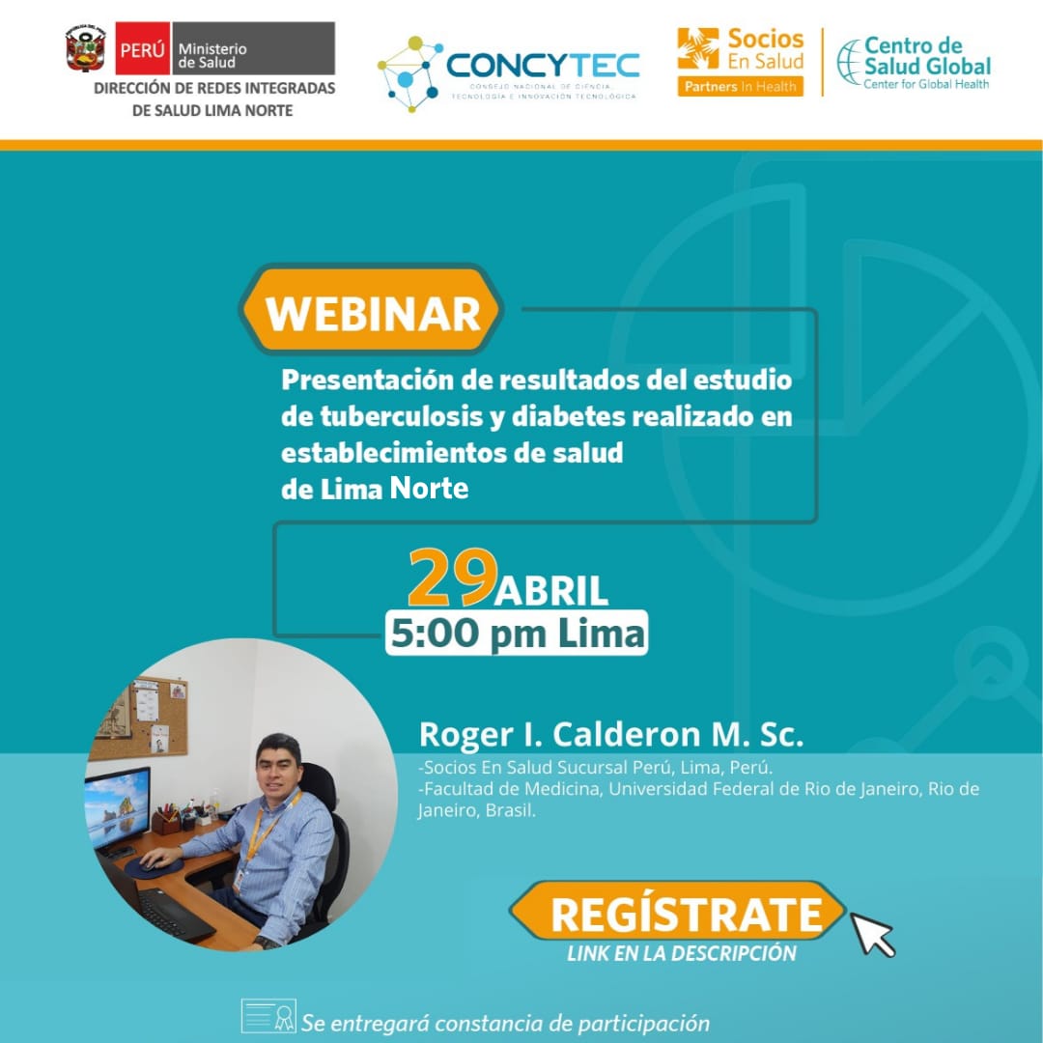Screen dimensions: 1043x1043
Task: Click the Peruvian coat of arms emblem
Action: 85,48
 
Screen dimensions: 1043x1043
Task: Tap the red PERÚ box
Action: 142,48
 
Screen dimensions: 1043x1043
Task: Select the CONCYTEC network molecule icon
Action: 409,73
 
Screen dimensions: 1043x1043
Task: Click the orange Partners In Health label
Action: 741,87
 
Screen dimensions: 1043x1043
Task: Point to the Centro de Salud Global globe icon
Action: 848,63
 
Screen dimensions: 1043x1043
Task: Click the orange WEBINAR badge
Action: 371,310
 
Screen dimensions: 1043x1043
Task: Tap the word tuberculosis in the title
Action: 402,416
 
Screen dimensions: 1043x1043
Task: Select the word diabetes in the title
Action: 569,416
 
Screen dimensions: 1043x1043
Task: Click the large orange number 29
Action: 452,578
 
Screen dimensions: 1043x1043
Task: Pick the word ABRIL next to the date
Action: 550,591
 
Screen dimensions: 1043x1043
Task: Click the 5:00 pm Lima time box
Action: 517,633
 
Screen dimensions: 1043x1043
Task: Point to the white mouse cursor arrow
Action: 873,934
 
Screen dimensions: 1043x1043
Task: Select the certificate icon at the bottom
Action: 268,1015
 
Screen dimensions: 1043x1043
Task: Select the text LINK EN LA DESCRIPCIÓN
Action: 682,953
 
